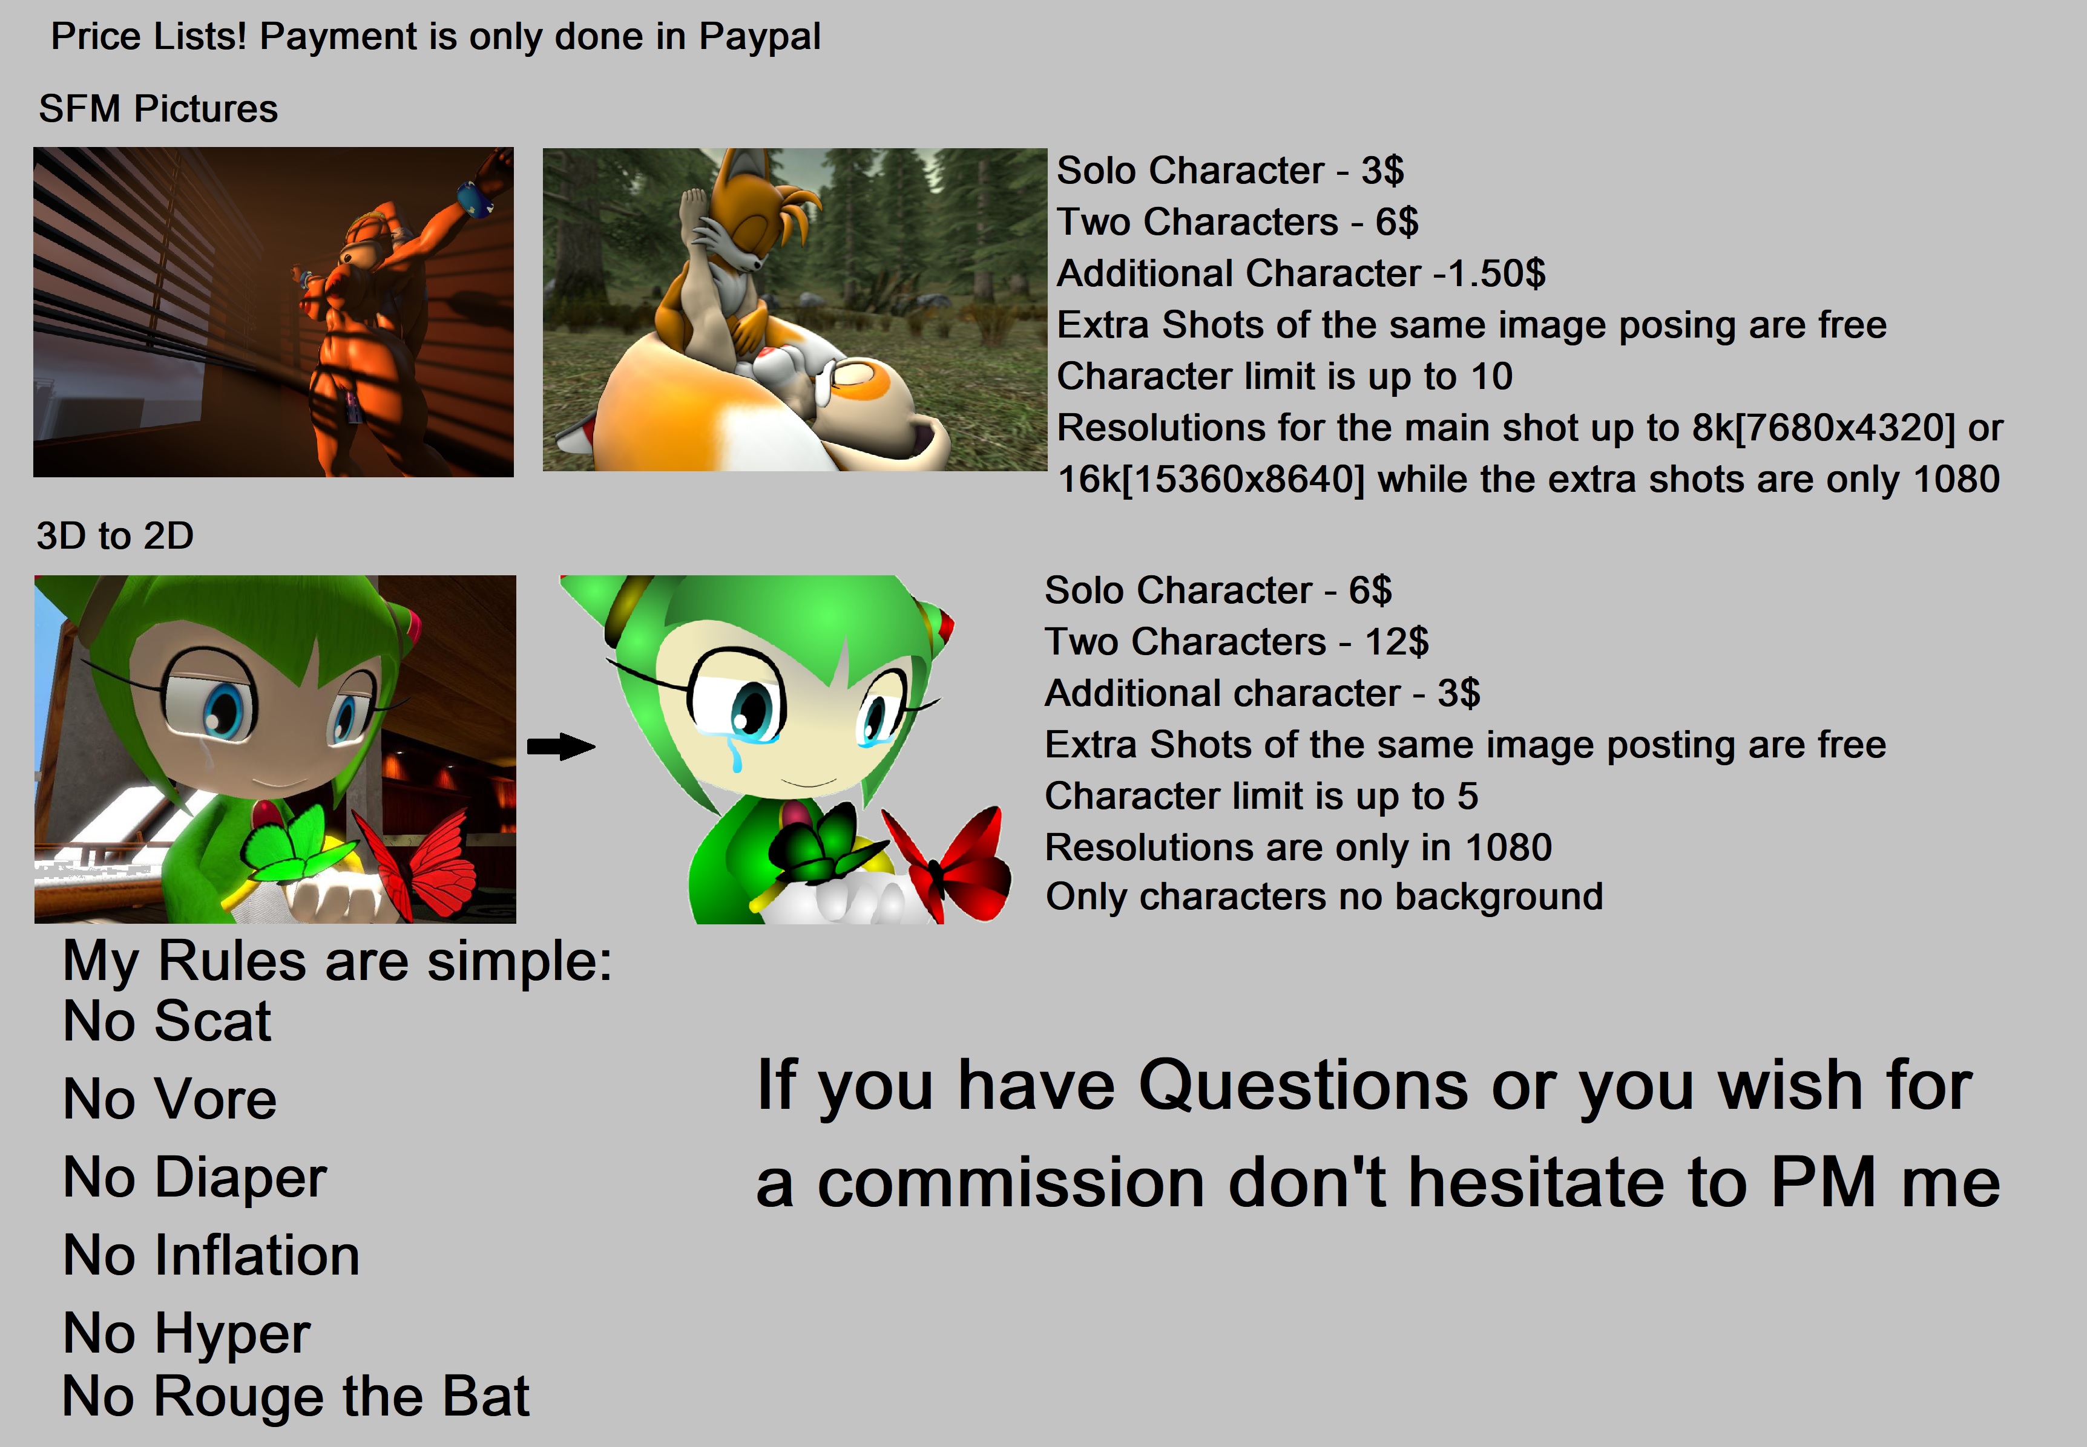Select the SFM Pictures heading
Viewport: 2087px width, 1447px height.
[x=158, y=109]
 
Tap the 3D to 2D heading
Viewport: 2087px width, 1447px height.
[x=115, y=536]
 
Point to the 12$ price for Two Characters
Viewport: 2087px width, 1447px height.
[x=1397, y=642]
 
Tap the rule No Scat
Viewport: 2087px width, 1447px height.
[x=167, y=1022]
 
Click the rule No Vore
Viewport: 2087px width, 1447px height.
[x=169, y=1099]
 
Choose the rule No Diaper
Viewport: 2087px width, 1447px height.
[x=195, y=1178]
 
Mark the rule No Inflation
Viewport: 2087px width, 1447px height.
[x=211, y=1256]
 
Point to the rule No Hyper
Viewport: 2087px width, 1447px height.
[x=187, y=1334]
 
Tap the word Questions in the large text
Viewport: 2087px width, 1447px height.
[x=1303, y=1085]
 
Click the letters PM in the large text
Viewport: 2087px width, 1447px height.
[x=1823, y=1183]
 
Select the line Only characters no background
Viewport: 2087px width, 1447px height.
[x=1324, y=897]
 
